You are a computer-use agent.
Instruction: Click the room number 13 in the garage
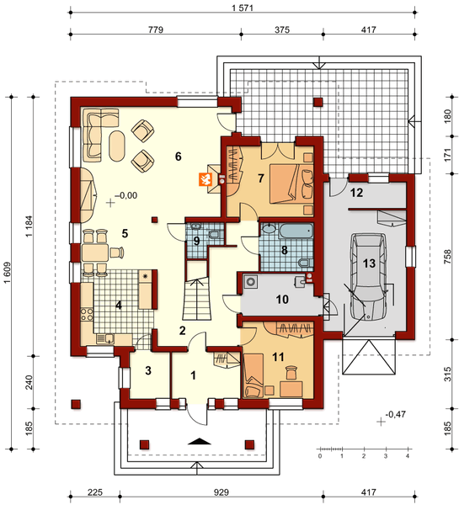[x=369, y=263]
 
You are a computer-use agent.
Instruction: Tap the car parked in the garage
[x=369, y=277]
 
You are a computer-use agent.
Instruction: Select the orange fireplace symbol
[x=205, y=179]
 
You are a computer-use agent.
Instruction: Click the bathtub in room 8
[x=296, y=231]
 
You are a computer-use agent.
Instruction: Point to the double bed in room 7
[x=291, y=183]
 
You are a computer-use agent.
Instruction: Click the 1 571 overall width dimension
[x=243, y=8]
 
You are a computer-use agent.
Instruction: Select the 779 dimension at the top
[x=156, y=29]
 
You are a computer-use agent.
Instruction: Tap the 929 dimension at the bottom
[x=221, y=492]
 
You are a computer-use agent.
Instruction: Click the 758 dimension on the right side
[x=448, y=257]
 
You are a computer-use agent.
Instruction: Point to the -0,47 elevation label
[x=395, y=414]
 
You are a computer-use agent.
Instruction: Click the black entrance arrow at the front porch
[x=200, y=441]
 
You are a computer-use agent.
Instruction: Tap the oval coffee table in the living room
[x=117, y=146]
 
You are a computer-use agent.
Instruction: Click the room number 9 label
[x=196, y=241]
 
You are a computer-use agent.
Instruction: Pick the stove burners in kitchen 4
[x=87, y=314]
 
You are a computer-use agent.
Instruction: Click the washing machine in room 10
[x=250, y=281]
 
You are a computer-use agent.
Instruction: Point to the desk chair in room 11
[x=291, y=373]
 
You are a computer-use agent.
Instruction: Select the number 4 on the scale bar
[x=408, y=456]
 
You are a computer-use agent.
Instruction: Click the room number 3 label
[x=148, y=370]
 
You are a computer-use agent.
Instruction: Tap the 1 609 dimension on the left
[x=8, y=273]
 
